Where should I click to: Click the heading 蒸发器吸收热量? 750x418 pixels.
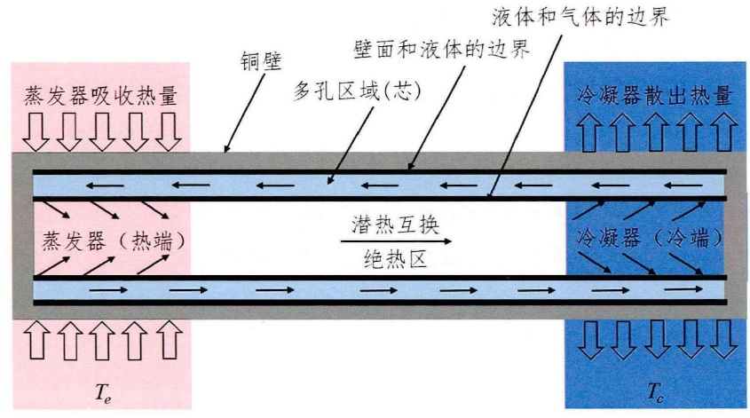pyautogui.click(x=99, y=96)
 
